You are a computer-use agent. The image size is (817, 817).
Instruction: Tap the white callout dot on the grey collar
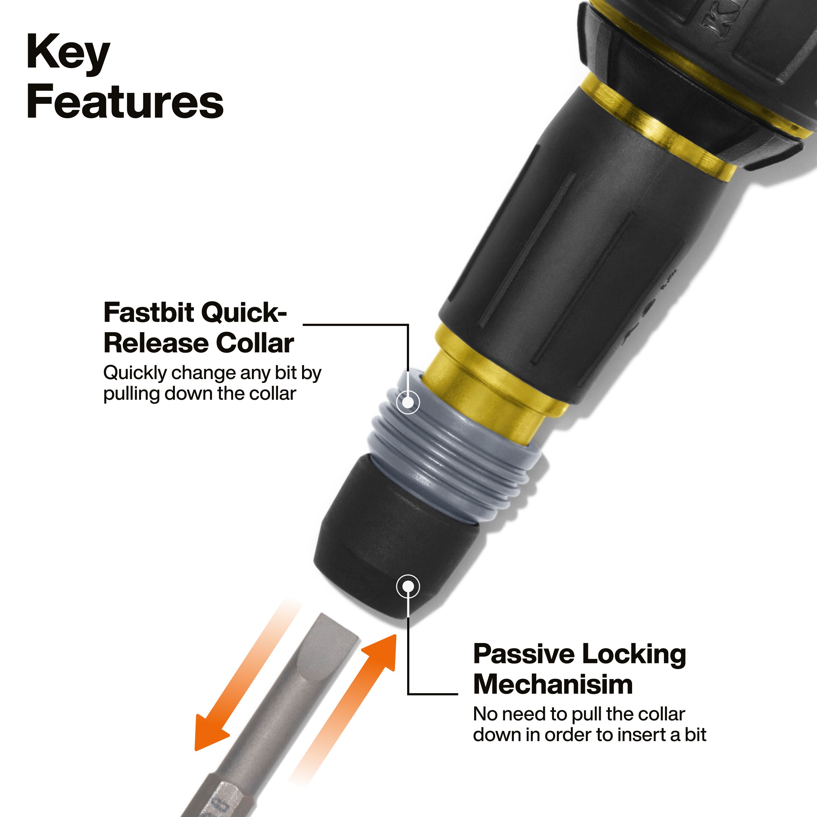408,402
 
